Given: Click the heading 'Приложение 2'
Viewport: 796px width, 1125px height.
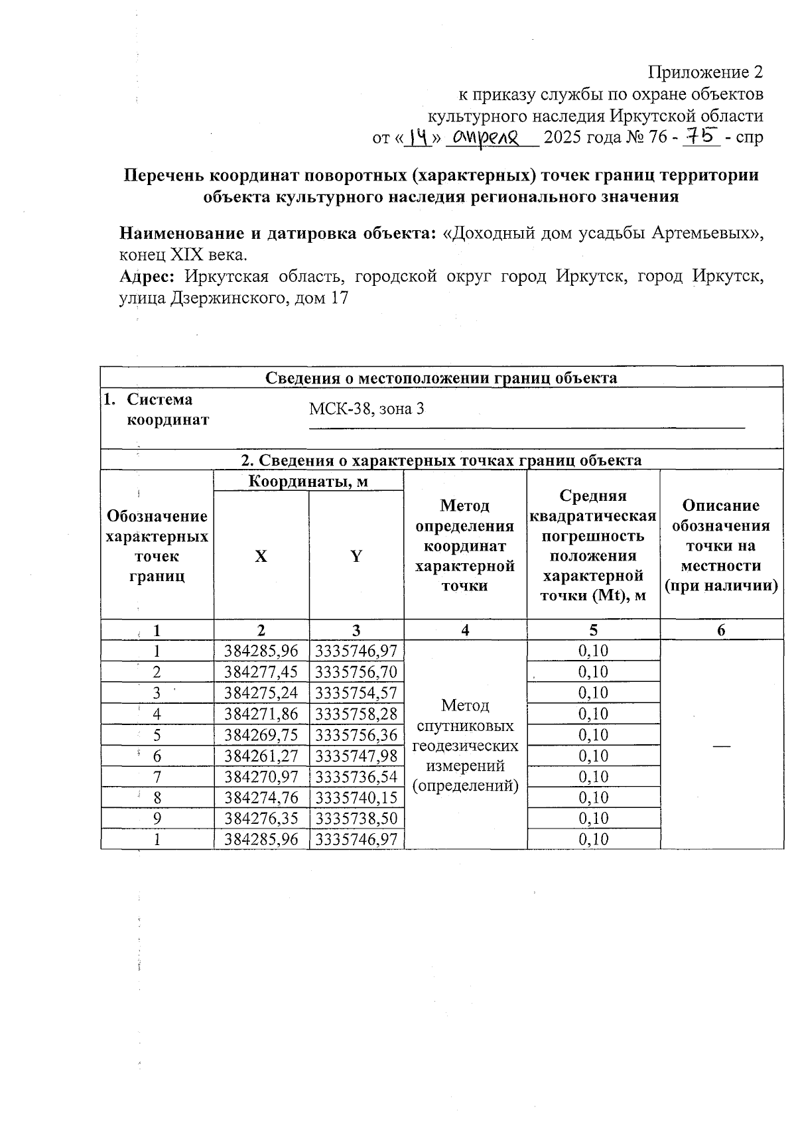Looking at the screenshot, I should coord(705,72).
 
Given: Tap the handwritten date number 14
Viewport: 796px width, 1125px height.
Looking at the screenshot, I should coord(418,137).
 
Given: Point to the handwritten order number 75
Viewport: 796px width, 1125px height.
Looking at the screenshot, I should coord(705,136).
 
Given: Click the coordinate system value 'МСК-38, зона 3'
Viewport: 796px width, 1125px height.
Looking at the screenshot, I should coord(366,409).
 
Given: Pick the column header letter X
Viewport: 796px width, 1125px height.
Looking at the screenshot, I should coord(261,556).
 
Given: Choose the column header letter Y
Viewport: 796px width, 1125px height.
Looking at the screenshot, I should coord(356,556).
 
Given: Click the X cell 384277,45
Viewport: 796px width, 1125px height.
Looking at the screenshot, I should coord(261,672).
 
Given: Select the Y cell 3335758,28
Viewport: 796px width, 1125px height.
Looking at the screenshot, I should coord(356,714).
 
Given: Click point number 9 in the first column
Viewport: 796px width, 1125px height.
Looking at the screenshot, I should coord(157,819).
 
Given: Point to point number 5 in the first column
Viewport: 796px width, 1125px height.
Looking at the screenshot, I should coord(157,735).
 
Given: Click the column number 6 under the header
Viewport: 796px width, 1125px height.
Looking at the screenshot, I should coord(721,630).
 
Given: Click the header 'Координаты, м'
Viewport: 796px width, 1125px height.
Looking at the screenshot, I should coord(308,481).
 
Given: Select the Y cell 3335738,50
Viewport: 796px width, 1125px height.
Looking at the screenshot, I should coord(356,819).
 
